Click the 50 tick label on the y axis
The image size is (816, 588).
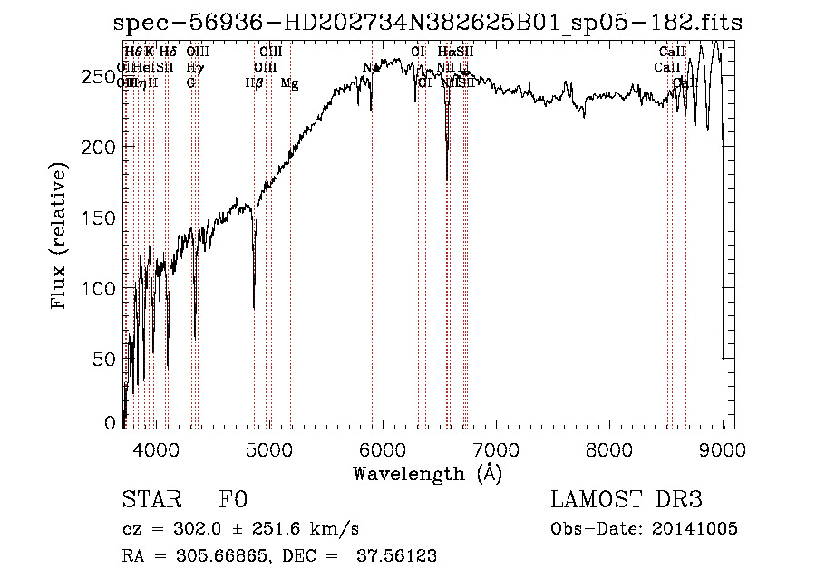pos(106,359)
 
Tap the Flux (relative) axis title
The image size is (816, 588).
pos(61,237)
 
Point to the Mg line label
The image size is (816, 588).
pos(289,83)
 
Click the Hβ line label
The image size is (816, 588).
pos(254,83)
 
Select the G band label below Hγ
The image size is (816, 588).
pos(190,83)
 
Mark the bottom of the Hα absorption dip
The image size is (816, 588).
pos(447,179)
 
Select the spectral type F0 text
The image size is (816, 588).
pos(233,500)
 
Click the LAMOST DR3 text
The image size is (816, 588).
pos(626,500)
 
